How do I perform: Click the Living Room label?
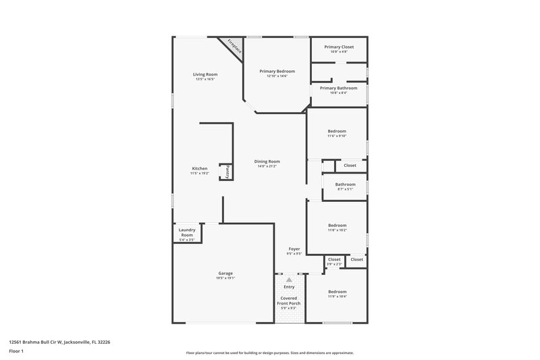205,74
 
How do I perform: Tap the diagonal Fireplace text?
234,48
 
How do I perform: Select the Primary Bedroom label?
277,71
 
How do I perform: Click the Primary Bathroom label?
338,88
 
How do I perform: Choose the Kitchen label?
199,168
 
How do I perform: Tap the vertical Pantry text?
227,172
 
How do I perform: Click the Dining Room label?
267,161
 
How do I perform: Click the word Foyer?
294,249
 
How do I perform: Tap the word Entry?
289,287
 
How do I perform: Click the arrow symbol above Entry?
289,279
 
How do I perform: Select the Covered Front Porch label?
289,301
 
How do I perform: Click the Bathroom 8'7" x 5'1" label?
345,184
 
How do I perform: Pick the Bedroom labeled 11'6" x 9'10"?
337,131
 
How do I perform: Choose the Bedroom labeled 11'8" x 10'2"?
337,226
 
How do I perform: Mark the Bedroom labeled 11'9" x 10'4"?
337,292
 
